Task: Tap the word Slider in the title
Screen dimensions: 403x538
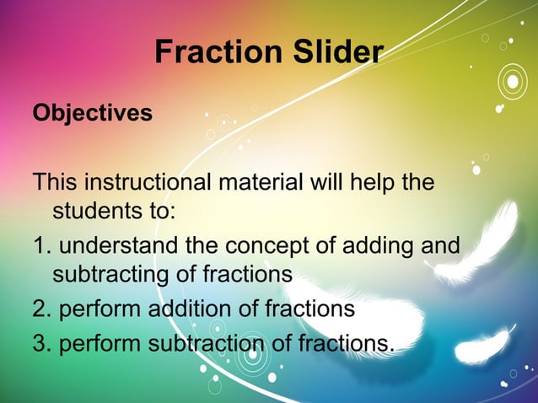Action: [331, 53]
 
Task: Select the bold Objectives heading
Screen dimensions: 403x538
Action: [93, 113]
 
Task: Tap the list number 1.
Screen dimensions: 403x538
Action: [39, 246]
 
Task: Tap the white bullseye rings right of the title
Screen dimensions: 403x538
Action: [511, 83]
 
